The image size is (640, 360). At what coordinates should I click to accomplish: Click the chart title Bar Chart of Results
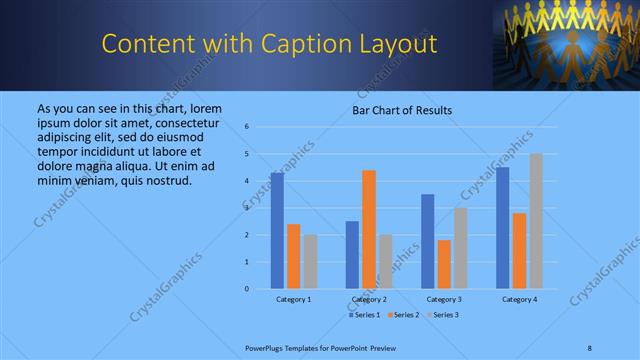point(401,110)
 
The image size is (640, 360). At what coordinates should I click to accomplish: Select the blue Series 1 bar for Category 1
point(277,231)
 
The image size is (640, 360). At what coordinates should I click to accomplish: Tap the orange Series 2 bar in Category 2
point(369,229)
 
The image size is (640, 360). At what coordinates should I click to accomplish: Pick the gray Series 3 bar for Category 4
point(536,221)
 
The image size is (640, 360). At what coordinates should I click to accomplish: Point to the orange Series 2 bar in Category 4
point(519,251)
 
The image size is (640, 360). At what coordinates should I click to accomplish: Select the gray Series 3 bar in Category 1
point(311,262)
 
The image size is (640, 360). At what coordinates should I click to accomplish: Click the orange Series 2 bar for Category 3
point(444,264)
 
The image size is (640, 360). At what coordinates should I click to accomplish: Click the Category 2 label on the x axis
point(369,299)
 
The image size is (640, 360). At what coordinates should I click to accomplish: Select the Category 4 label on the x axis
point(519,299)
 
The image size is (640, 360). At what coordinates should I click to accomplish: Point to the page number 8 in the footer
point(589,346)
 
